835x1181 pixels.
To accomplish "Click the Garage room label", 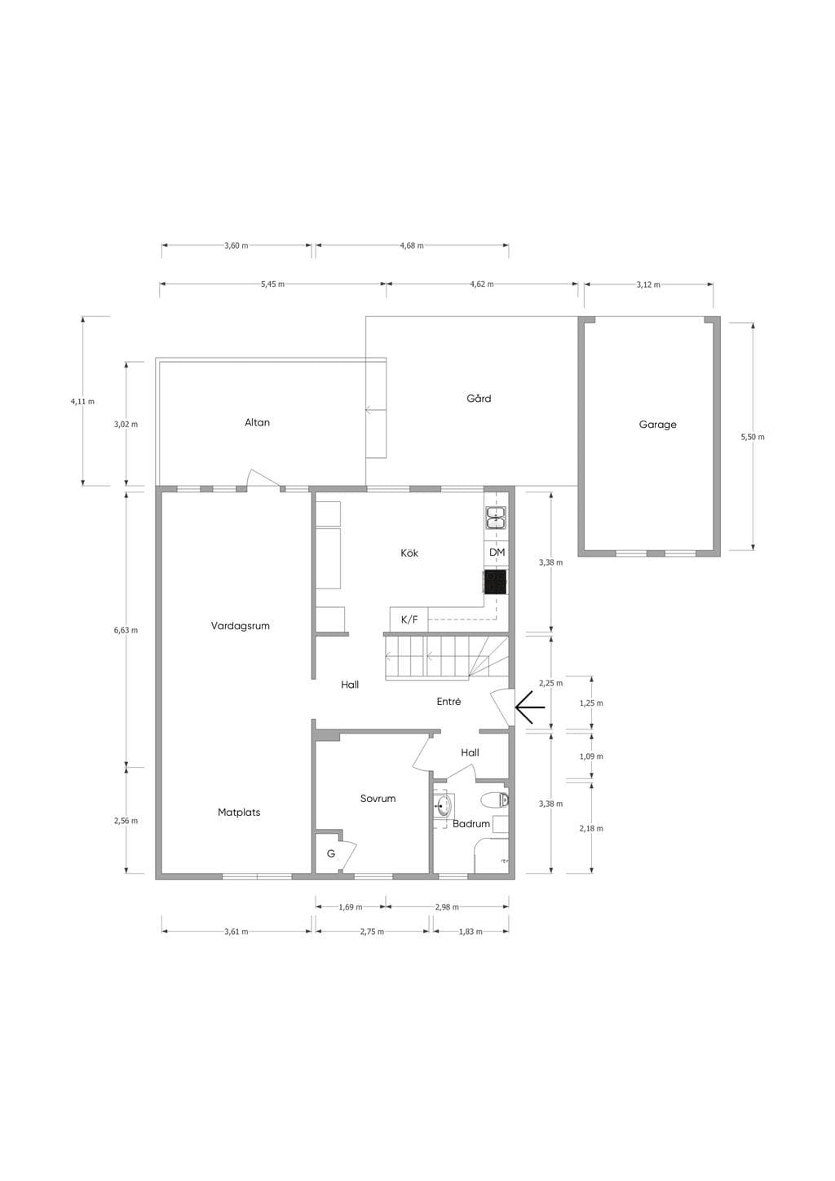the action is coord(657,425).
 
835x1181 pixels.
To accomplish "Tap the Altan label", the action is coord(257,422).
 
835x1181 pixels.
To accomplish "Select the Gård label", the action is coord(479,398).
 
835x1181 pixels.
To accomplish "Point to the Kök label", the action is coord(409,553).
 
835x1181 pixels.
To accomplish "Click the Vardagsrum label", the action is coord(240,626).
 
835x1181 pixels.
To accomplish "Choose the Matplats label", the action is coord(239,813).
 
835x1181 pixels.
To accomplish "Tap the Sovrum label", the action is coord(378,798).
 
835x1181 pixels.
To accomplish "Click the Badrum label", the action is coord(471,823).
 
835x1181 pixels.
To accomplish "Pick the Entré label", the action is coord(448,701).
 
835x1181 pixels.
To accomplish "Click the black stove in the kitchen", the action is coord(496,582).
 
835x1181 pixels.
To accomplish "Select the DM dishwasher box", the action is coord(497,553).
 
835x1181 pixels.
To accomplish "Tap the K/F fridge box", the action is coord(409,619).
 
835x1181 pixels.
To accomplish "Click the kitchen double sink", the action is coord(496,518).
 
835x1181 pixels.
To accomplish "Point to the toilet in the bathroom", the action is coord(495,800).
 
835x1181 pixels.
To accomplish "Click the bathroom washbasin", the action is coord(444,805).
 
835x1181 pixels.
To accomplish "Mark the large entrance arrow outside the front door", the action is coord(530,707).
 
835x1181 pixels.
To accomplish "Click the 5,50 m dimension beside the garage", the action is coord(753,437).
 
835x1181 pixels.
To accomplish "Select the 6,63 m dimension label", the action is coord(126,630).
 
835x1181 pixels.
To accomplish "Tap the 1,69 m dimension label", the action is coord(351,907).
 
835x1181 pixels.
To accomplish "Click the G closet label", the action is coord(331,853).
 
